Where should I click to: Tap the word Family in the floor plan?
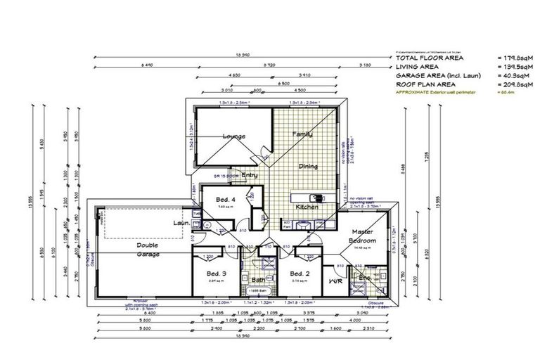(x=303, y=134)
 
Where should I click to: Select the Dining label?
(x=308, y=167)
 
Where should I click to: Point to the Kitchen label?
(x=307, y=207)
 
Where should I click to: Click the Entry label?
(x=250, y=175)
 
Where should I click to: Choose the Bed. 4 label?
(x=226, y=200)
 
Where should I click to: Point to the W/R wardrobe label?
(x=335, y=281)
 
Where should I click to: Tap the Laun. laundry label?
(x=181, y=224)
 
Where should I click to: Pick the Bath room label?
(x=257, y=279)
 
